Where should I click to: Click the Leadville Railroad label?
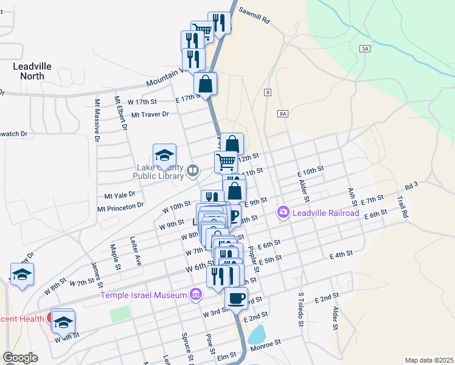pos(325,213)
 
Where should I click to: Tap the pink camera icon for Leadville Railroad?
pos(283,212)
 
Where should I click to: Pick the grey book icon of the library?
pos(193,170)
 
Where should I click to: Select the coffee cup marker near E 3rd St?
pos(236,298)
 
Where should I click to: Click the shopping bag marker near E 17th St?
pos(206,83)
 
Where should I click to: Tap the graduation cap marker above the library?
pos(164,155)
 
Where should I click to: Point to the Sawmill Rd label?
pos(254,15)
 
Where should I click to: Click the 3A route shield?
pos(365,48)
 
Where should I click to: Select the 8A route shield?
pos(282,114)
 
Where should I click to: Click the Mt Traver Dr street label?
pos(149,114)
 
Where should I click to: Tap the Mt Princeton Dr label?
pos(120,207)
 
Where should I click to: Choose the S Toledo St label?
pos(300,308)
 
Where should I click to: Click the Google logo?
pos(20,358)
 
